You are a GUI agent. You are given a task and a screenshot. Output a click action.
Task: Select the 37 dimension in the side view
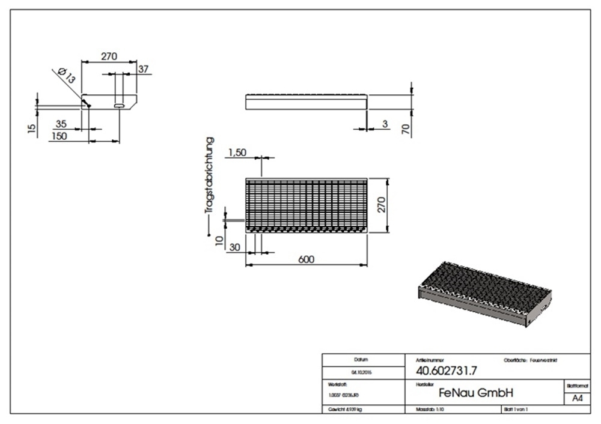pyautogui.click(x=144, y=69)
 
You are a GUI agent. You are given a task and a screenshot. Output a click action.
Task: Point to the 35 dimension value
pyautogui.click(x=61, y=124)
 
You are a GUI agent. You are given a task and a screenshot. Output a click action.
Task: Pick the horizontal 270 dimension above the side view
pyautogui.click(x=108, y=56)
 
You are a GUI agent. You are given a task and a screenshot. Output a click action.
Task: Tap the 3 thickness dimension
pyautogui.click(x=385, y=124)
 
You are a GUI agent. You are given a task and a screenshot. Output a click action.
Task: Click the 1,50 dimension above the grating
pyautogui.click(x=237, y=153)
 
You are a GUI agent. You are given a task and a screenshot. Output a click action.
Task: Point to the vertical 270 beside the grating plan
pyautogui.click(x=380, y=205)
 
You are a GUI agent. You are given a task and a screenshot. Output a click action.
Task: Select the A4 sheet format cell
pyautogui.click(x=576, y=398)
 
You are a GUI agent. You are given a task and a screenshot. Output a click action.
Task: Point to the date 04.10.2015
pyautogui.click(x=361, y=372)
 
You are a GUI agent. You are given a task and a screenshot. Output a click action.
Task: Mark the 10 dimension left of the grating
pyautogui.click(x=219, y=241)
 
